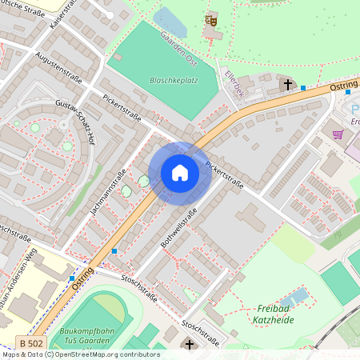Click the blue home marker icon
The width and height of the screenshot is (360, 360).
(x=180, y=173)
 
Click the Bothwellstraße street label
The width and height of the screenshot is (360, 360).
(x=178, y=226)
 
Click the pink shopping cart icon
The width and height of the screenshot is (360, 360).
(x=338, y=134)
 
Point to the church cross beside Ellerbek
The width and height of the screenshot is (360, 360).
(x=286, y=83)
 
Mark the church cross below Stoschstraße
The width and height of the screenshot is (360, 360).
(x=189, y=345)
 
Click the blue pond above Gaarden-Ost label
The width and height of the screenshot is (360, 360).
(x=170, y=22)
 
